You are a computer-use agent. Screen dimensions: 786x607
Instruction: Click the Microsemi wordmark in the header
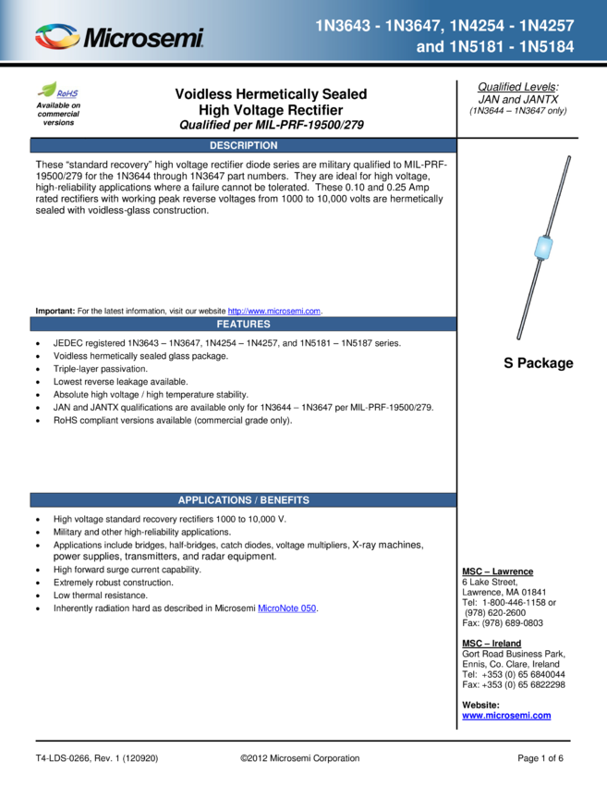click(x=144, y=38)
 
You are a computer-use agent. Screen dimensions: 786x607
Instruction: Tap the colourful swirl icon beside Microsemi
click(x=57, y=37)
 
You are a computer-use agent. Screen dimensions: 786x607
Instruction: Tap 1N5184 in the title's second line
click(x=548, y=46)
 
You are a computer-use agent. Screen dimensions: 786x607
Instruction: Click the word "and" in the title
click(x=430, y=46)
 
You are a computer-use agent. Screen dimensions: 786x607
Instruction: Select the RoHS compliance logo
click(x=59, y=91)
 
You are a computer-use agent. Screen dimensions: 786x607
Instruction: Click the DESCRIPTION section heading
click(x=243, y=145)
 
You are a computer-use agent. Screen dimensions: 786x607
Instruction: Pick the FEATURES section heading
click(x=243, y=324)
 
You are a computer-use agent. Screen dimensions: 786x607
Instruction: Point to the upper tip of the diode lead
click(x=569, y=159)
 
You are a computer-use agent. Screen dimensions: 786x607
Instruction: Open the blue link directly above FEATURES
click(x=273, y=311)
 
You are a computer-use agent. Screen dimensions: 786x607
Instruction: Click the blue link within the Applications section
click(x=286, y=608)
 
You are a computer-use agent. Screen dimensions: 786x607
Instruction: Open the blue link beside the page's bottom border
click(x=506, y=716)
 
